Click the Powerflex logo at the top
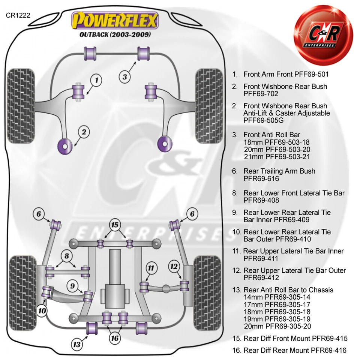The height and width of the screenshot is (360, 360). click(x=115, y=21)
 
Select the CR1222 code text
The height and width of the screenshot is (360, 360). click(x=18, y=16)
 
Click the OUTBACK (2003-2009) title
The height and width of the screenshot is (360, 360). click(x=115, y=34)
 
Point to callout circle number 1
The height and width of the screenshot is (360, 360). click(x=96, y=80)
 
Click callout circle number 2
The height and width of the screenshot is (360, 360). click(x=84, y=132)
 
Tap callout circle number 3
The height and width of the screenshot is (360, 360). click(x=125, y=77)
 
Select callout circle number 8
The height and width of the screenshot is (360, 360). click(x=67, y=256)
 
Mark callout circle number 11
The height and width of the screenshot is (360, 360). click(x=151, y=268)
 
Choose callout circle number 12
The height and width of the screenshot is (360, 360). click(x=174, y=267)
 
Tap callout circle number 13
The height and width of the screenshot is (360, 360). click(x=77, y=344)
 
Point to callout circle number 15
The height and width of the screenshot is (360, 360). click(x=115, y=225)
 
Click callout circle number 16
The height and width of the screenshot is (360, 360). click(x=115, y=338)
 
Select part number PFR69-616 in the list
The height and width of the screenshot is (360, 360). click(x=261, y=179)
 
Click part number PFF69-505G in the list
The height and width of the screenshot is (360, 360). click(x=264, y=120)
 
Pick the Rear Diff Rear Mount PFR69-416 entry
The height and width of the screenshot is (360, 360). click(x=295, y=351)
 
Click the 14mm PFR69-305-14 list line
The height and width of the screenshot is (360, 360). click(x=277, y=297)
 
